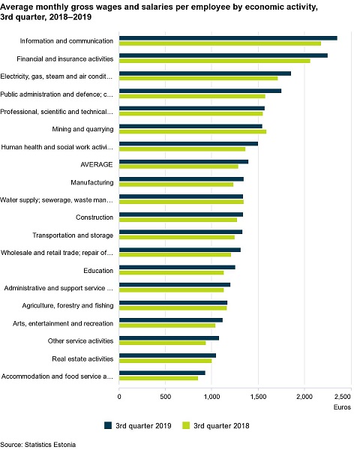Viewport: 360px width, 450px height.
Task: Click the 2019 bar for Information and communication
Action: (228, 38)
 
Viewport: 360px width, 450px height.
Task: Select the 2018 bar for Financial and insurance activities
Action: (214, 61)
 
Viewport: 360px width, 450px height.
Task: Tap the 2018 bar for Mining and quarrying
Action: (193, 131)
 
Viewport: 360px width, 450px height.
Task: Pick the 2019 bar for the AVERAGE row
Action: (184, 161)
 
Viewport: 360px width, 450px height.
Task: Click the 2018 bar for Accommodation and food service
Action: (159, 378)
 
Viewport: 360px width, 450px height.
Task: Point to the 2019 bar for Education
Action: (178, 267)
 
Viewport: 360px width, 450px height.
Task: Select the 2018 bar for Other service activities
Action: (163, 343)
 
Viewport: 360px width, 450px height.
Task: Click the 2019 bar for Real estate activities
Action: (168, 355)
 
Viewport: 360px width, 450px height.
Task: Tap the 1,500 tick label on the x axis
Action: (258, 397)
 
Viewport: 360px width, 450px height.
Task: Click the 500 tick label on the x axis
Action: (165, 397)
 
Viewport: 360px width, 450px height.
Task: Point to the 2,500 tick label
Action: (343, 397)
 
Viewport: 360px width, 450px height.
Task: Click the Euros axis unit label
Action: (342, 407)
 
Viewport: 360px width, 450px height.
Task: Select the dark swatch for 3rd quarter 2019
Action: (108, 425)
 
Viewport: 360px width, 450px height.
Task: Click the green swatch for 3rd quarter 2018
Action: (186, 425)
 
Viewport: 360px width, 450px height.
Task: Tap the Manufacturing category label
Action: (92, 182)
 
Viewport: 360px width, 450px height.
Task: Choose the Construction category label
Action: (94, 217)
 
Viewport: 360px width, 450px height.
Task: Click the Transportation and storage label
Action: (73, 235)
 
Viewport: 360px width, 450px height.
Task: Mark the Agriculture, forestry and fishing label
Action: (67, 306)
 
